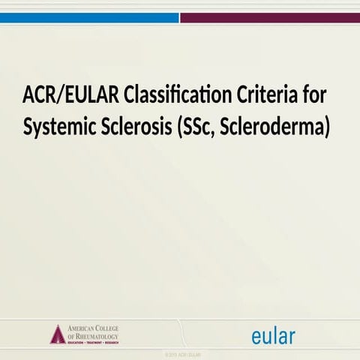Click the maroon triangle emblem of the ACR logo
click(58, 334)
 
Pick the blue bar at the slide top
click(89, 17)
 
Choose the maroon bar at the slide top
click(270, 17)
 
